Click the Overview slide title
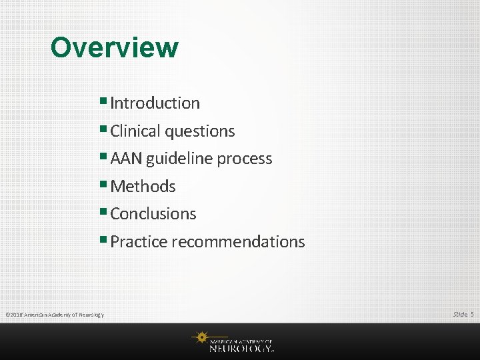click(114, 48)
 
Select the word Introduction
click(155, 103)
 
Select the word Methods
click(143, 187)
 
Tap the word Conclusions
click(153, 214)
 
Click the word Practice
click(139, 242)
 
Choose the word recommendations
click(238, 242)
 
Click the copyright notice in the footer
click(54, 315)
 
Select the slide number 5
click(472, 314)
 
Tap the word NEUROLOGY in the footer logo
click(240, 347)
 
